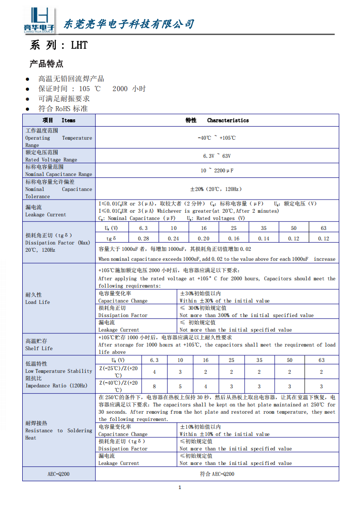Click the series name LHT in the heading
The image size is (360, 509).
[79, 45]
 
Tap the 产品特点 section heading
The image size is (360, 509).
[46, 64]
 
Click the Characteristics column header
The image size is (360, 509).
[227, 120]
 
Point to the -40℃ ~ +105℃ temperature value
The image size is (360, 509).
[217, 138]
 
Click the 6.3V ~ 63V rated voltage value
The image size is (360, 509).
[217, 156]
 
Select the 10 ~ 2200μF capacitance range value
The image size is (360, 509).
[217, 171]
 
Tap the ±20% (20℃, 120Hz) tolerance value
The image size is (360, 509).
[217, 189]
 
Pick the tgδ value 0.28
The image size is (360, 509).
[143, 239]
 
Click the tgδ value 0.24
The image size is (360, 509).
[173, 239]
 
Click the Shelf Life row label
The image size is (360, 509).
[39, 345]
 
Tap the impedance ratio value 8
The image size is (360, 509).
[154, 387]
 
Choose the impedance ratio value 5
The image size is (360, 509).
[180, 387]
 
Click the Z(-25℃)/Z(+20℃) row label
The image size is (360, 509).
[118, 372]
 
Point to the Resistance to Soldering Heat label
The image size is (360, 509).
[58, 431]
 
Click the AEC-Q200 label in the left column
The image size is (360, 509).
[59, 474]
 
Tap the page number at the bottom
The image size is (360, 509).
[180, 488]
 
